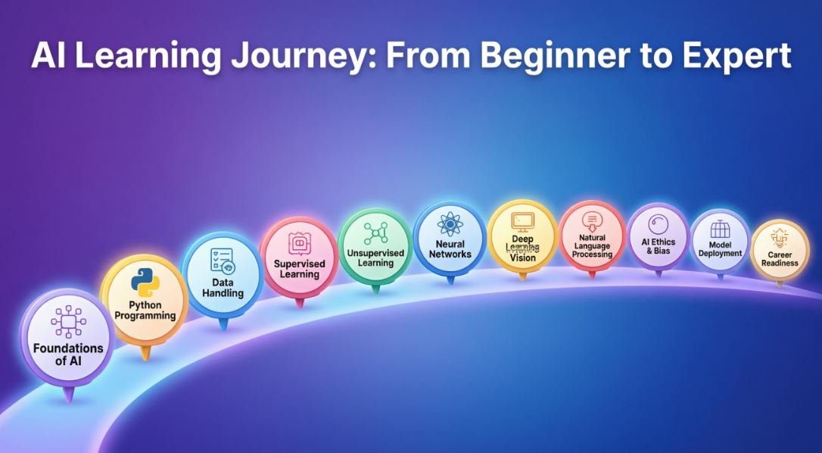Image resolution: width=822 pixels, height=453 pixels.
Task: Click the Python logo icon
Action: point(145,283)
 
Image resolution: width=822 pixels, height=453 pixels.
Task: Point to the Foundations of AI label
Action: point(68,355)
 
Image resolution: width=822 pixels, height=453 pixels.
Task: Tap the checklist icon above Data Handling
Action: point(223,261)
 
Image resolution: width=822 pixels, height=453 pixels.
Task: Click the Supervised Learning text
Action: point(299,269)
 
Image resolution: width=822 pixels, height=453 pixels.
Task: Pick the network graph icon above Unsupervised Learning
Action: point(375,233)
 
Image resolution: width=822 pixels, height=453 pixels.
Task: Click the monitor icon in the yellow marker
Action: point(522,223)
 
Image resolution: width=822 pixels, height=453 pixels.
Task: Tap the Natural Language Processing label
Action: point(592,246)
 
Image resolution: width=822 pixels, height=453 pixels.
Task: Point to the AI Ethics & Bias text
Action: point(659,246)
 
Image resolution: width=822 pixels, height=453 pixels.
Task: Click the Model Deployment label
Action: point(720,248)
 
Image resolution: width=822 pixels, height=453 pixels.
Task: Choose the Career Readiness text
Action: point(780,259)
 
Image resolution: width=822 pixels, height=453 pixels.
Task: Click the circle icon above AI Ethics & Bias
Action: point(658,224)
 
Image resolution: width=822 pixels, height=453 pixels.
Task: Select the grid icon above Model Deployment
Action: point(720,229)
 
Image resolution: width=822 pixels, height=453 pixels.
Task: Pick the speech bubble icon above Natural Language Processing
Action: point(592,221)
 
